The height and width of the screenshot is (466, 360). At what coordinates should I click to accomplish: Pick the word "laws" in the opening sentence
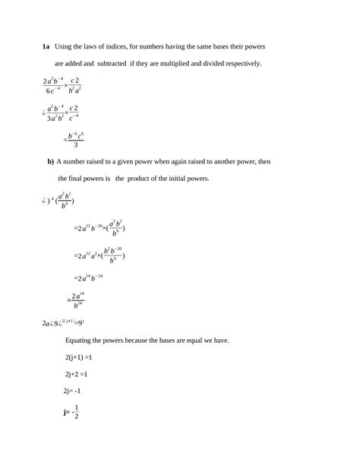click(103, 47)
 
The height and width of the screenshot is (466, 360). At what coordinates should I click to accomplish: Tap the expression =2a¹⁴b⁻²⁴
click(90, 277)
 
